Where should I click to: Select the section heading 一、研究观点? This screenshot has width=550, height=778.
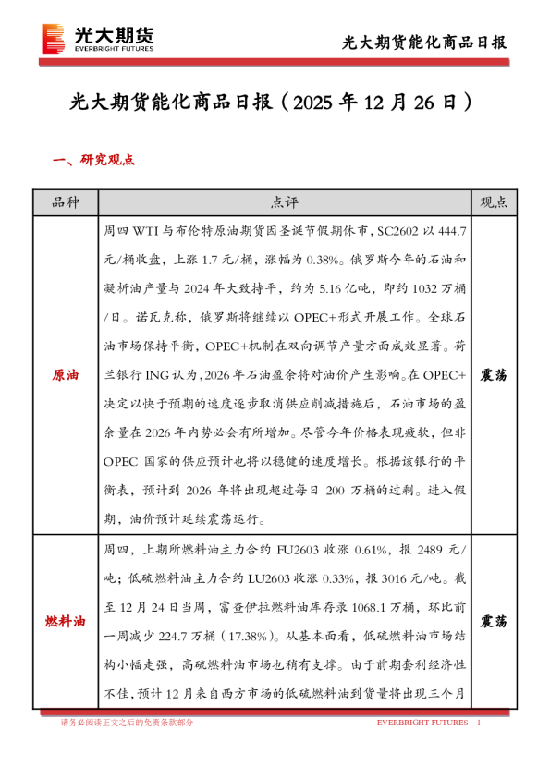coord(94,160)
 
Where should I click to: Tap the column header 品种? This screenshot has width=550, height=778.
coord(66,202)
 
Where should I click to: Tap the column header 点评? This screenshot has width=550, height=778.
coord(284,202)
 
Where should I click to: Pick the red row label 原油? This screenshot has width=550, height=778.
coord(66,376)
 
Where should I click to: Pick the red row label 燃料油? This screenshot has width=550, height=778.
coord(66,622)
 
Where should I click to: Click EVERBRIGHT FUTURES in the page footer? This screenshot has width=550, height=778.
coord(422,723)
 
